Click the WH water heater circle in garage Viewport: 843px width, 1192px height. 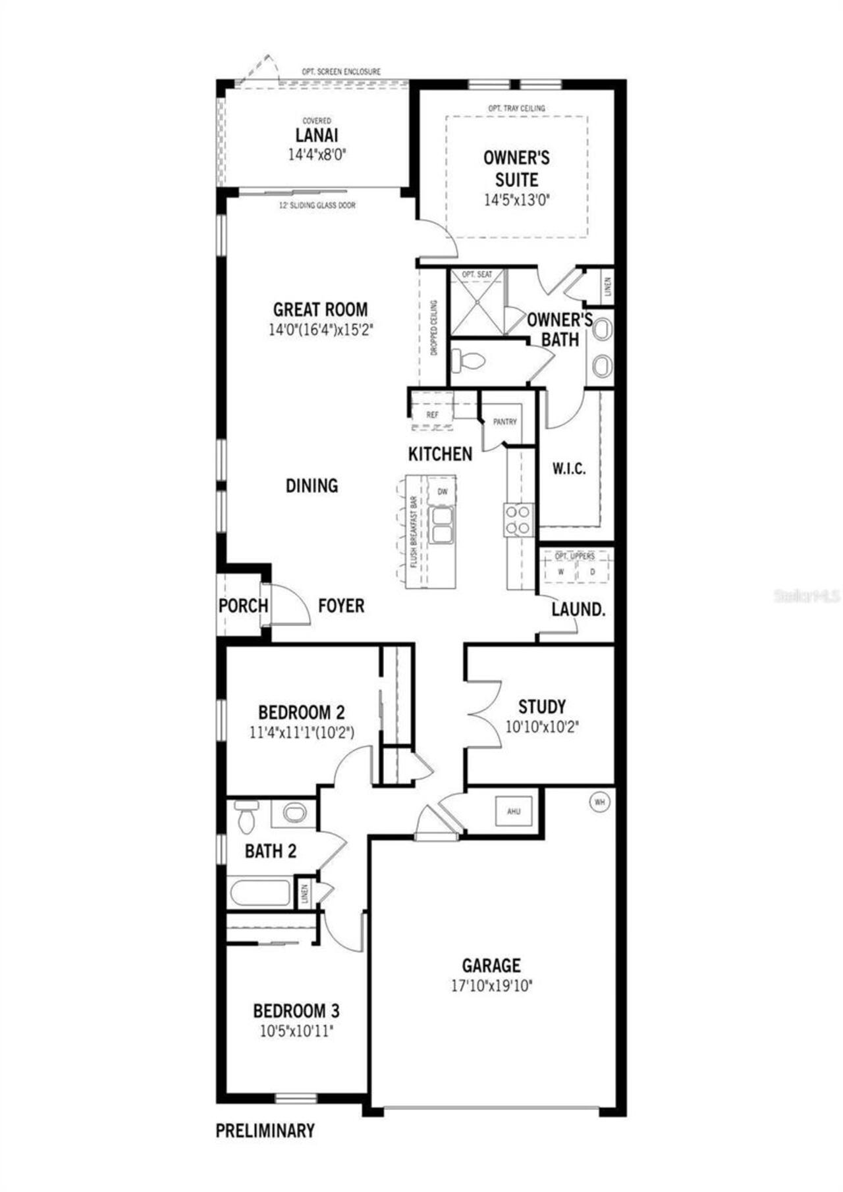[599, 802]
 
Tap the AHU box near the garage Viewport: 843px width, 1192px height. [514, 812]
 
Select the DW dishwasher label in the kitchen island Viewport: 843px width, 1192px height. [443, 492]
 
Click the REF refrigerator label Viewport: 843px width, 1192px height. [432, 415]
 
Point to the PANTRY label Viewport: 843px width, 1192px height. [505, 422]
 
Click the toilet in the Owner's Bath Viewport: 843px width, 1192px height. [468, 360]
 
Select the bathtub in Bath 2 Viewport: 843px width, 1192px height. [260, 894]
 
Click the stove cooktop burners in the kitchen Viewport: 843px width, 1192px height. [518, 519]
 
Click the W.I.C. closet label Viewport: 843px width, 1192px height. [568, 469]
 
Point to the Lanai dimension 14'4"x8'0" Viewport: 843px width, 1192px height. [317, 155]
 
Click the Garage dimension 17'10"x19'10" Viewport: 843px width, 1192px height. [491, 985]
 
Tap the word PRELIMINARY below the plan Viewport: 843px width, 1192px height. [265, 1131]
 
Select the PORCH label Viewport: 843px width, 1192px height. [243, 606]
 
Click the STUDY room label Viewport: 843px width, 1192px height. [542, 707]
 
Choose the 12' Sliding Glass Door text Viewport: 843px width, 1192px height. [317, 205]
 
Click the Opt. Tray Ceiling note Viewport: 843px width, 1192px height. [516, 108]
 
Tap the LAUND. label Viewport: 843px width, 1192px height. [578, 609]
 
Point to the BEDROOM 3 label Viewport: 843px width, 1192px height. [296, 1010]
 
